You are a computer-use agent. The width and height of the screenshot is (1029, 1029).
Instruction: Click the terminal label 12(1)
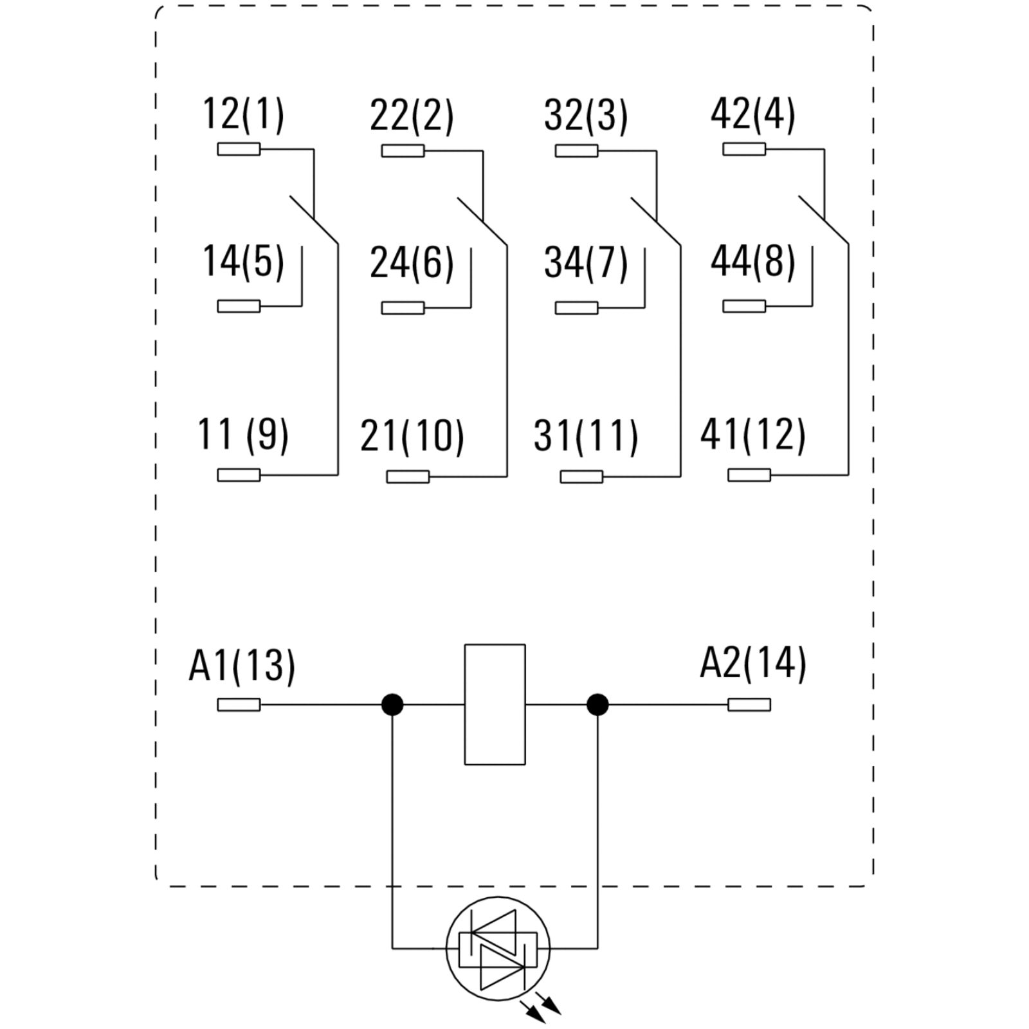coord(243,115)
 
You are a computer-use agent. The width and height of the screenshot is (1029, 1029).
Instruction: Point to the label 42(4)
coord(752,115)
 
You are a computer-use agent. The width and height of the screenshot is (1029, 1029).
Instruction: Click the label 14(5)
coord(243,262)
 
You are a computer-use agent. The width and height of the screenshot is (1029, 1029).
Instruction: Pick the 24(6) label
coord(412,262)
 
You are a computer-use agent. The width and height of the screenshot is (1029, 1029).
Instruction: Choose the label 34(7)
coord(585,262)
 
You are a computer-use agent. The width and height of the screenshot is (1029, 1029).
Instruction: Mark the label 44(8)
coord(752,262)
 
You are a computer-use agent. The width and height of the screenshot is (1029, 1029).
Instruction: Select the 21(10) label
coord(412,435)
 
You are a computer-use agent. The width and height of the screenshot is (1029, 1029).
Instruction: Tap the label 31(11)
coord(585,435)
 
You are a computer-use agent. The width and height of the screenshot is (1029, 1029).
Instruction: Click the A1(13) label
coord(242,664)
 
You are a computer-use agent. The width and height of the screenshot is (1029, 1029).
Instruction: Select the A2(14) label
coord(752,663)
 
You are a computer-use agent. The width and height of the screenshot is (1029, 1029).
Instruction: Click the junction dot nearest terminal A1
coord(392,705)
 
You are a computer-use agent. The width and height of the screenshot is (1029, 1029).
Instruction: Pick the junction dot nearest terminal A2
coord(597,705)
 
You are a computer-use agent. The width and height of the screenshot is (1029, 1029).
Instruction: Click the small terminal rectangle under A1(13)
coord(239,705)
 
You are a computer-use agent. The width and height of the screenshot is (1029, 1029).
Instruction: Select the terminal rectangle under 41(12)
coord(749,475)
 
